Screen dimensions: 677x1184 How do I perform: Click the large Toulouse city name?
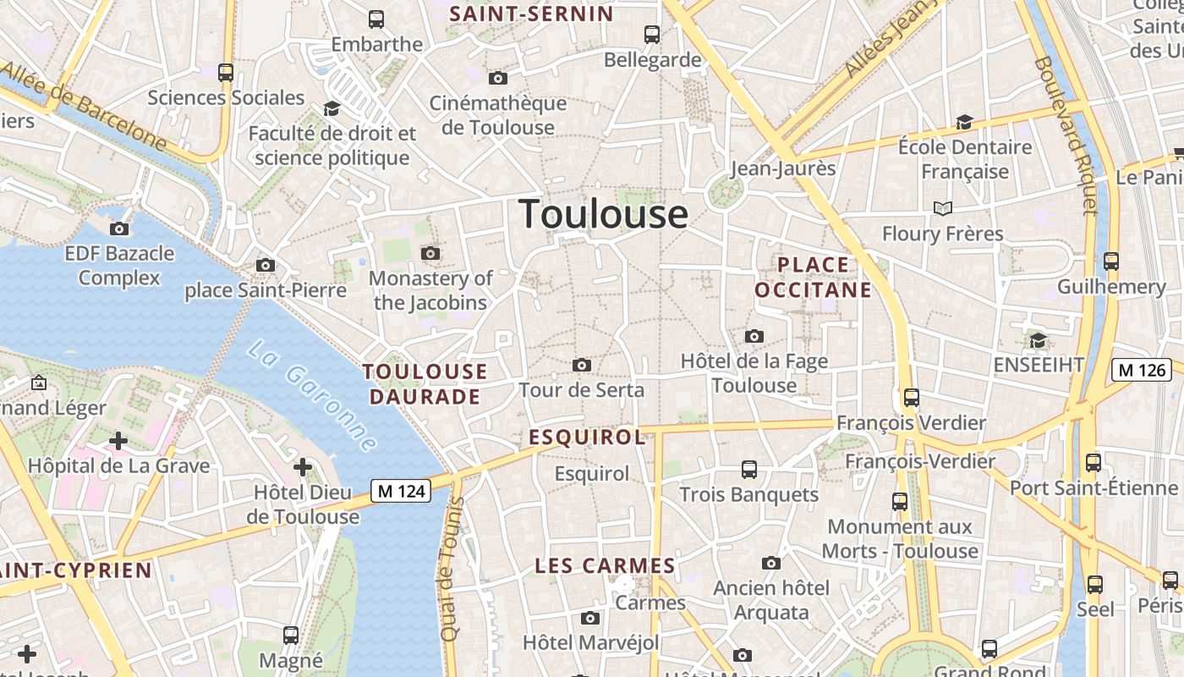[603, 213]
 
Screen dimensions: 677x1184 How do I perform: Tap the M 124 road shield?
[401, 490]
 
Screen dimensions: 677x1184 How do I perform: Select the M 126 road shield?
[1141, 369]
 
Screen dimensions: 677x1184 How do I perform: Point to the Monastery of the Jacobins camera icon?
[430, 253]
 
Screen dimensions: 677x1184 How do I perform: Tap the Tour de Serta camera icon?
[582, 365]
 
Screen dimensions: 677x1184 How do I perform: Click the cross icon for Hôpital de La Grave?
[118, 440]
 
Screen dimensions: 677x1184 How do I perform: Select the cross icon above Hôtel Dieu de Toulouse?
[303, 466]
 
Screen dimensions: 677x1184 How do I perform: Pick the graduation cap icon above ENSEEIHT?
[1038, 340]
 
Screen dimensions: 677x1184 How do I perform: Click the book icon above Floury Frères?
[942, 208]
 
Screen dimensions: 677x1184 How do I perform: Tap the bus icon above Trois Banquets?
[748, 469]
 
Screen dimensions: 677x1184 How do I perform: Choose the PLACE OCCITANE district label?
[813, 278]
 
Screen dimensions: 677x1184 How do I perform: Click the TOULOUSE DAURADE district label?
[425, 383]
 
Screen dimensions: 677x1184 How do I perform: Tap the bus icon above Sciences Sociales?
[225, 73]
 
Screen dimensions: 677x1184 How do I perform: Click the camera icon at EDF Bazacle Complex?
[119, 228]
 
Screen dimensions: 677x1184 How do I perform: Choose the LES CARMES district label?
[605, 565]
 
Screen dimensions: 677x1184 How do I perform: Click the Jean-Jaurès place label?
[782, 168]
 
